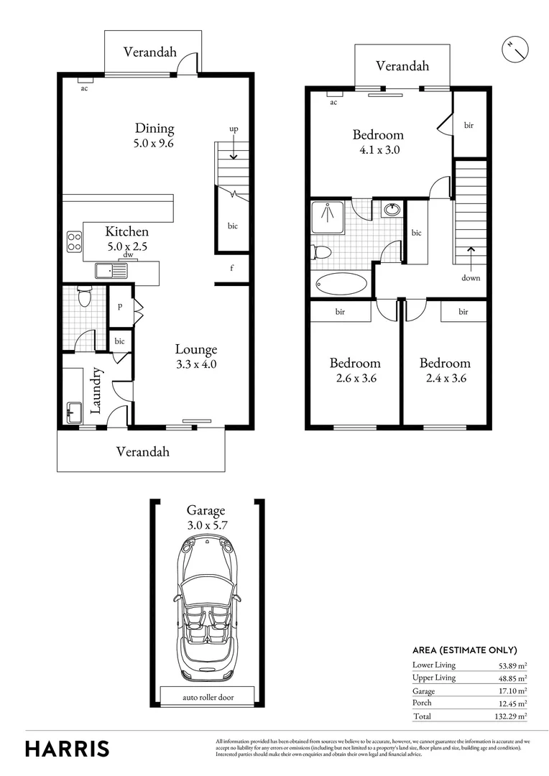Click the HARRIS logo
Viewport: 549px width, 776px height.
tap(68, 748)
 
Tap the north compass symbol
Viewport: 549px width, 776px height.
tap(514, 49)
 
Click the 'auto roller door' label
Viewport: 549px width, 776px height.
tap(207, 696)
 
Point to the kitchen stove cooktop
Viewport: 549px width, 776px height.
tap(73, 241)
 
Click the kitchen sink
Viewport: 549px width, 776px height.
tap(111, 271)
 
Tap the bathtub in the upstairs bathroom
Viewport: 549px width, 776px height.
tap(341, 284)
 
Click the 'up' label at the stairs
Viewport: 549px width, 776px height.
tap(234, 129)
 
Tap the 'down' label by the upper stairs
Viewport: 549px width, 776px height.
tap(471, 278)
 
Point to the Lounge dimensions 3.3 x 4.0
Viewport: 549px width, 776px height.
tap(196, 364)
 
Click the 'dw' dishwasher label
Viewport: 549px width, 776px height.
tap(127, 254)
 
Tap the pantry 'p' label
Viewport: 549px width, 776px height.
tap(119, 305)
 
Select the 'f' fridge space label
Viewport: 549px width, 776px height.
tap(232, 268)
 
